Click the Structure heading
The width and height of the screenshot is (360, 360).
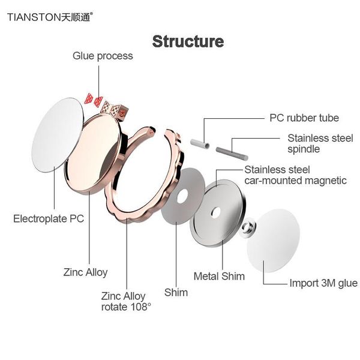click(188, 41)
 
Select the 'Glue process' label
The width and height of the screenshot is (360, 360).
click(103, 56)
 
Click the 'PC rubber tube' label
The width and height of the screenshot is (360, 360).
click(304, 118)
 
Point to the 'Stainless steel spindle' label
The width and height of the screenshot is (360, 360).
click(320, 143)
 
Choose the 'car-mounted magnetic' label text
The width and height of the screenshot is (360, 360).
click(295, 180)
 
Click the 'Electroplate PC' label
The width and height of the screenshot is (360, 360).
click(49, 218)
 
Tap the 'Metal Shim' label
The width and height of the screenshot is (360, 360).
click(219, 276)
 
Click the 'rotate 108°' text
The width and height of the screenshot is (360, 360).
click(126, 307)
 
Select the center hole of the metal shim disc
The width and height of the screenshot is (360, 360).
click(216, 211)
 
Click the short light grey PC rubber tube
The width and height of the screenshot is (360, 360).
click(199, 144)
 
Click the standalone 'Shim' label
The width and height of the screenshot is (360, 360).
click(176, 293)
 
